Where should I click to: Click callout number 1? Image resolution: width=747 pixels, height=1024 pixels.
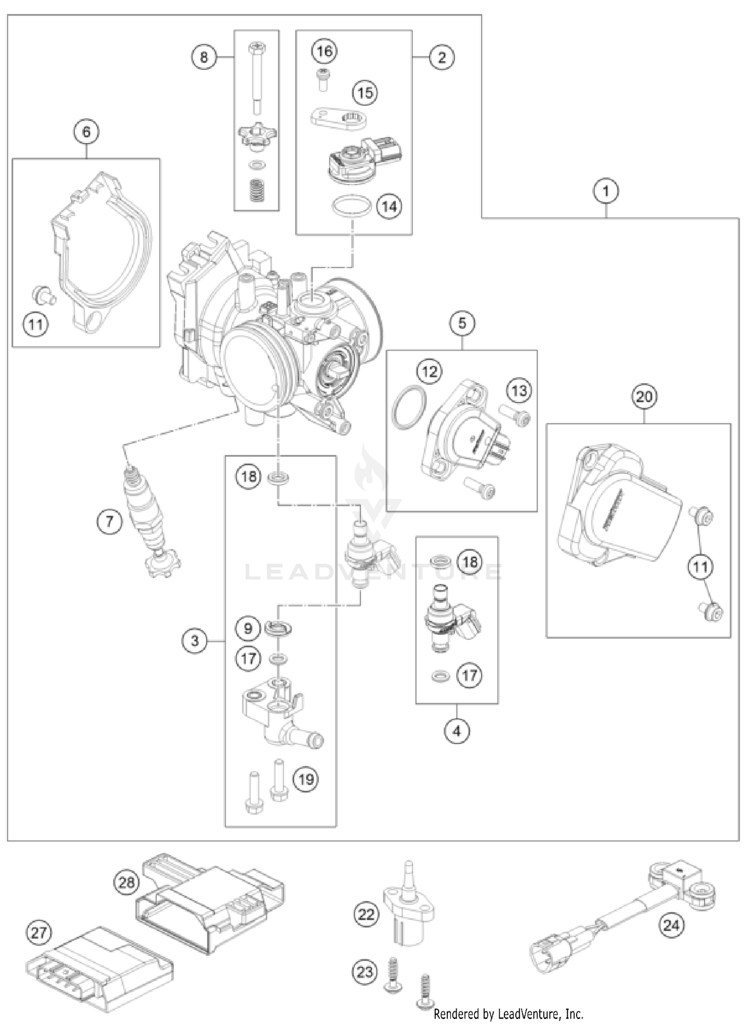coord(606,191)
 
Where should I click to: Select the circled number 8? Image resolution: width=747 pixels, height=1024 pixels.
coord(204,57)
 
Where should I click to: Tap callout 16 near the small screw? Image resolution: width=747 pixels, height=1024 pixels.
coord(324,51)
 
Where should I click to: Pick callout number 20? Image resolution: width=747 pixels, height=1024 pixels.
coord(644,397)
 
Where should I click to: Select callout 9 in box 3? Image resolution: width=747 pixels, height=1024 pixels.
coord(248,628)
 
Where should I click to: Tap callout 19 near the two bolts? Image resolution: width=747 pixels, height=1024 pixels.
coord(306,778)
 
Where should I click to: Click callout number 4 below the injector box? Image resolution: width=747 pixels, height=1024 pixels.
coord(457,731)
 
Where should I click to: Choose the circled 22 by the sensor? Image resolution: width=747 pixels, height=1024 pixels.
coord(366,914)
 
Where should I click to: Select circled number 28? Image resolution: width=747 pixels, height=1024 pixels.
coord(126,882)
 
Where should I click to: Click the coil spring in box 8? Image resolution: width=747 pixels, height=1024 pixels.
coord(256,191)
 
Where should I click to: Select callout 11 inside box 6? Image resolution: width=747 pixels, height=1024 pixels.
coord(35,325)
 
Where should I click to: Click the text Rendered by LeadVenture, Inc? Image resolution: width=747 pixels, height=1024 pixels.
coord(508,1014)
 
